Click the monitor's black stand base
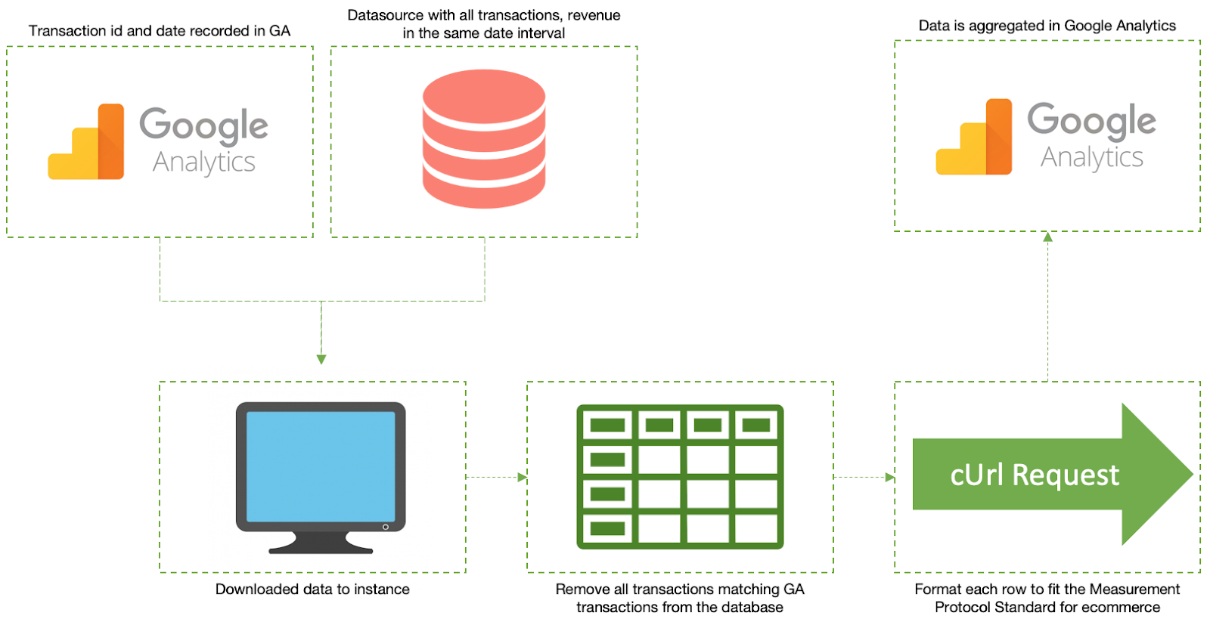pyautogui.click(x=321, y=545)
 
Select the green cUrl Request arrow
pyautogui.click(x=1051, y=475)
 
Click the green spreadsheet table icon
pyautogui.click(x=680, y=477)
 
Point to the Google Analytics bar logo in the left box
pyautogui.click(x=86, y=143)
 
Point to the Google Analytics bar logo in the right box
pyautogui.click(x=974, y=138)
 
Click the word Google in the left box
pyautogui.click(x=203, y=125)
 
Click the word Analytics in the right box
pyautogui.click(x=1091, y=157)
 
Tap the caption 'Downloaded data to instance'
pyautogui.click(x=312, y=590)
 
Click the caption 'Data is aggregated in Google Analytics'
pyautogui.click(x=1047, y=26)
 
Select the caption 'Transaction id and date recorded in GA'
pyautogui.click(x=160, y=31)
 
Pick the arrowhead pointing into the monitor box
pyautogui.click(x=321, y=360)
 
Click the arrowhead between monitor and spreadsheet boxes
pyautogui.click(x=522, y=477)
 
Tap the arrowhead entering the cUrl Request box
pyautogui.click(x=890, y=477)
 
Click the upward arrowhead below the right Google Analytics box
pyautogui.click(x=1047, y=237)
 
